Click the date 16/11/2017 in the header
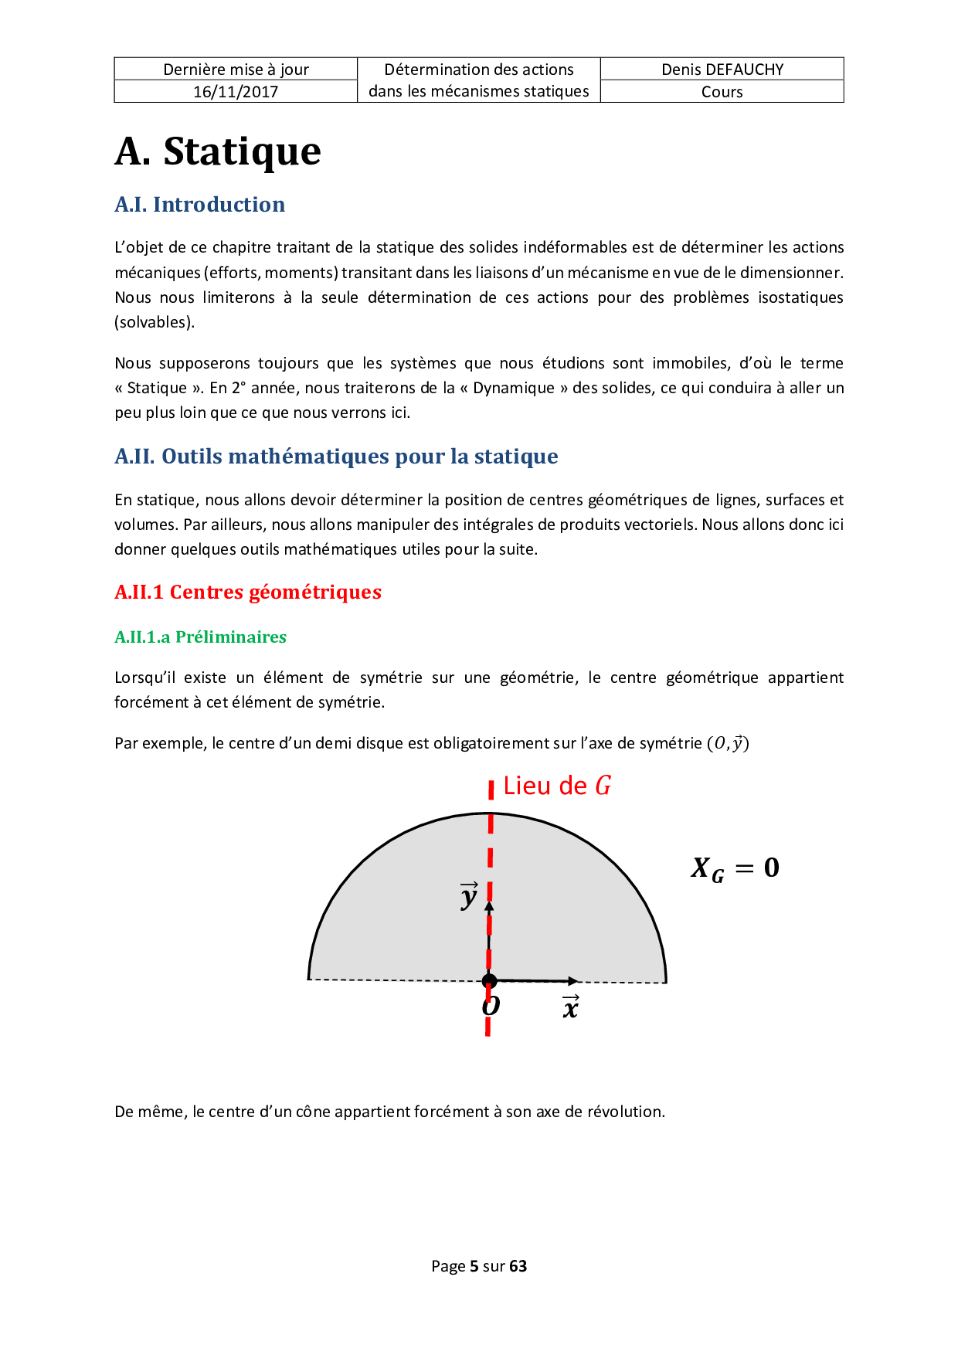tap(236, 91)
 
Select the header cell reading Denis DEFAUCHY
tap(722, 69)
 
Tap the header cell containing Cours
tap(722, 91)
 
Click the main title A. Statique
tap(218, 151)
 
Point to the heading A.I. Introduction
tap(199, 204)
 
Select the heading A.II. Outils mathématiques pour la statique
tap(336, 456)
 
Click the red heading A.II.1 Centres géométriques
tap(248, 592)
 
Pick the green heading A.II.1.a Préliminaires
tap(200, 637)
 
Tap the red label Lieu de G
tap(556, 786)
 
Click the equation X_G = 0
tap(735, 868)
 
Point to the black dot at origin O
tap(489, 981)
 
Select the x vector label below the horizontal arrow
tap(570, 1007)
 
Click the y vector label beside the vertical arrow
tap(469, 895)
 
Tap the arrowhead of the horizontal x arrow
tap(572, 981)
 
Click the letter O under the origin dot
tap(491, 1005)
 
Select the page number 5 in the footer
tap(474, 1265)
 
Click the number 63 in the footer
tap(518, 1265)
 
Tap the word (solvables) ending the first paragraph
tap(155, 322)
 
